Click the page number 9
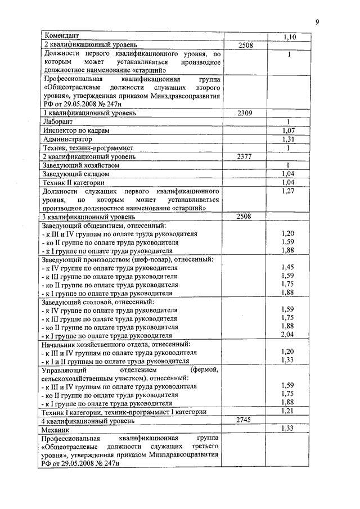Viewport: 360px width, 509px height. pyautogui.click(x=317, y=22)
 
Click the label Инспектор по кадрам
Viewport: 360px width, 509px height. pyautogui.click(x=76, y=130)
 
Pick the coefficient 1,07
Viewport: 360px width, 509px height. pyautogui.click(x=288, y=130)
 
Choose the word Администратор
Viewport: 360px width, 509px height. pyautogui.click(x=67, y=139)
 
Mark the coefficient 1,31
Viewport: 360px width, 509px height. pyautogui.click(x=288, y=139)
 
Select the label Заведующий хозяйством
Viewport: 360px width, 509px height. pyautogui.click(x=81, y=165)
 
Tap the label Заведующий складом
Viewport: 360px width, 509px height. pyautogui.click(x=76, y=174)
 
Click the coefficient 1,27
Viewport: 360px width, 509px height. pyautogui.click(x=288, y=192)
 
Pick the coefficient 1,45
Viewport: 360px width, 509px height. pyautogui.click(x=288, y=268)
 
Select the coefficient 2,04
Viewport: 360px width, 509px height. pyautogui.click(x=288, y=335)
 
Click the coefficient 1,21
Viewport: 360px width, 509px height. pyautogui.click(x=288, y=412)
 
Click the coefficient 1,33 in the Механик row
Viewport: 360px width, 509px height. pyautogui.click(x=288, y=429)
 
